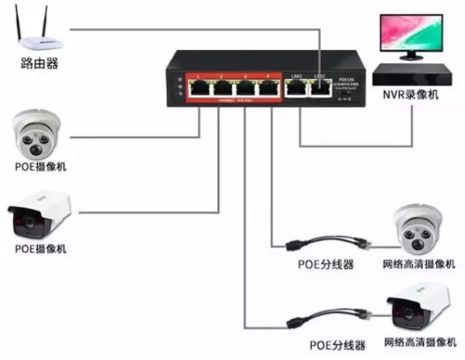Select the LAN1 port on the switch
[x=296, y=90]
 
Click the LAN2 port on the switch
[x=320, y=90]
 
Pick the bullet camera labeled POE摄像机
[x=39, y=215]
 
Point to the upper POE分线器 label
[x=325, y=265]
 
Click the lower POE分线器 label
[x=337, y=345]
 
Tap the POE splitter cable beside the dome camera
[x=329, y=242]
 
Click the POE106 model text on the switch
[x=344, y=80]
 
